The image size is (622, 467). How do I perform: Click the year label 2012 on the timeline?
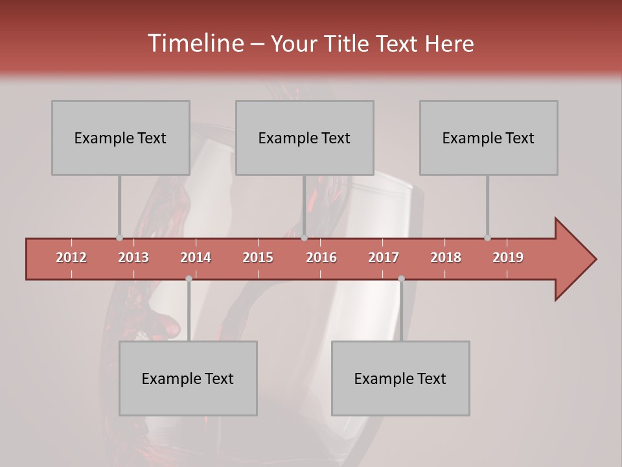71,257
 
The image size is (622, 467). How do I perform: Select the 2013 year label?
133,257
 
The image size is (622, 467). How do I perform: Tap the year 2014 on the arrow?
196,257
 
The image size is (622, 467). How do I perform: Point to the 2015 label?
258,257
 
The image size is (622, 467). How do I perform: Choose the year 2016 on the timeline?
321,257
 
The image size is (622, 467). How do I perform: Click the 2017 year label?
384,257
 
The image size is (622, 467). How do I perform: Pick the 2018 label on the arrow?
446,257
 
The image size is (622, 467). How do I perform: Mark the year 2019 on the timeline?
508,257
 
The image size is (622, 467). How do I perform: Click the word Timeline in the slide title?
194,43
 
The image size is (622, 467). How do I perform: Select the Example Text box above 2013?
121,138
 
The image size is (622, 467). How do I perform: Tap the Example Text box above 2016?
305,138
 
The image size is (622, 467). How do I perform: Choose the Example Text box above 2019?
489,138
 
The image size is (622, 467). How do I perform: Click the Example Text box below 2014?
188,378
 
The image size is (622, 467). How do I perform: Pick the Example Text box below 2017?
400,378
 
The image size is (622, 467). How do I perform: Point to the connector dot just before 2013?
119,238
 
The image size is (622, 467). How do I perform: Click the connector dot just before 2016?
304,238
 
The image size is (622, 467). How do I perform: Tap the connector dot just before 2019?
487,238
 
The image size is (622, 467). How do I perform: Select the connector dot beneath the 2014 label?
189,279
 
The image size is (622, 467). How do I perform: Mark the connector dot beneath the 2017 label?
401,279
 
